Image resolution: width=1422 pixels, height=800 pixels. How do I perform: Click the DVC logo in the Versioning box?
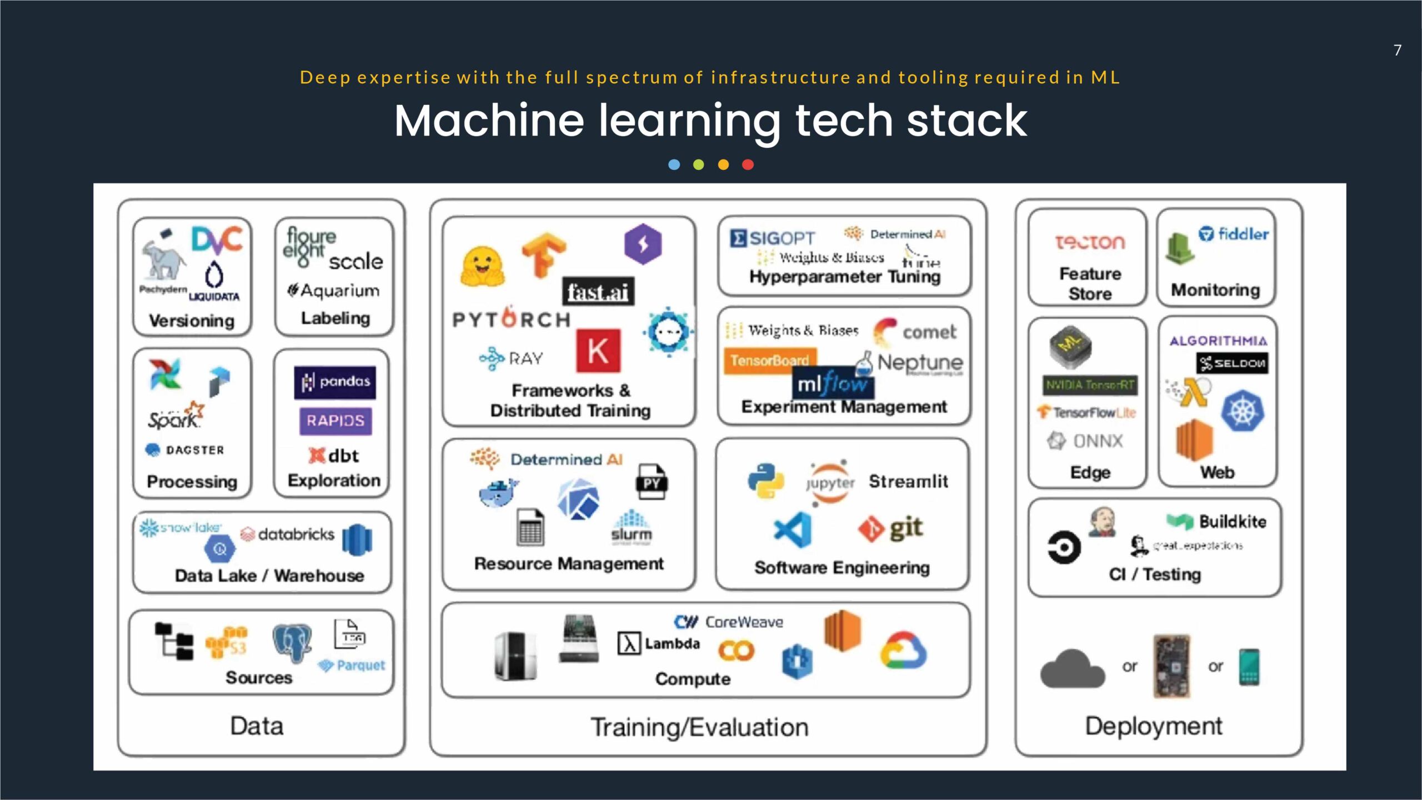(217, 239)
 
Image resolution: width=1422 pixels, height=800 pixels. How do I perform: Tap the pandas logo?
(335, 382)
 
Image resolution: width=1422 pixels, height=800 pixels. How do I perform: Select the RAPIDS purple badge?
(336, 421)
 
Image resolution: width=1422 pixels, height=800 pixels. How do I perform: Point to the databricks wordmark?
(288, 534)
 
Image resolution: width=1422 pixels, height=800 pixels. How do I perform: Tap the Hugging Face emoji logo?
(482, 267)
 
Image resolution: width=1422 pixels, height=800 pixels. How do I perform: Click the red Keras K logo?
(598, 351)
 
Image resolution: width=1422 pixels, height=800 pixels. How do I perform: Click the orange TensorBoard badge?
(769, 361)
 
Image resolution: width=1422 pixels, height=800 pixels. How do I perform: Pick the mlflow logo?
(832, 383)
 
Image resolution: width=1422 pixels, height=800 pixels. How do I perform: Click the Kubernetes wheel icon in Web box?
(1243, 412)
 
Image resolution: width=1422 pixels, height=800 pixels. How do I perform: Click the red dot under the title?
(748, 164)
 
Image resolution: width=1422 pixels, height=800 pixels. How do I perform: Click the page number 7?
(1398, 51)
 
